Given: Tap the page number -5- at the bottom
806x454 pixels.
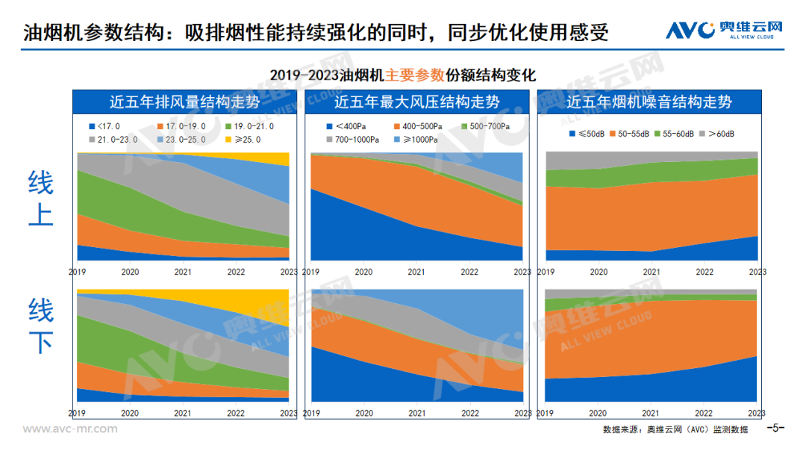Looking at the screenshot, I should click(x=776, y=428).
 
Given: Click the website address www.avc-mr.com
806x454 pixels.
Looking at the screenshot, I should click(x=70, y=429).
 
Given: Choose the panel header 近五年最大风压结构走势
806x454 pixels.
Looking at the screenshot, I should click(x=417, y=102).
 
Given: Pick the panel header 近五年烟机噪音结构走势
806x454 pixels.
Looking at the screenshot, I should click(x=649, y=102).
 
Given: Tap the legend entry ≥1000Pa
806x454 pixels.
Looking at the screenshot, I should click(x=418, y=139).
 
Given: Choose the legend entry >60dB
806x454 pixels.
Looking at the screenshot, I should click(x=717, y=134).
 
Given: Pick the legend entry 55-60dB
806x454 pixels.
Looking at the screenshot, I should click(x=674, y=134).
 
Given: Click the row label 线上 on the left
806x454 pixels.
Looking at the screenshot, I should click(x=40, y=197).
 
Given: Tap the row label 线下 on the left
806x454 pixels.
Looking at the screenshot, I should click(x=40, y=326).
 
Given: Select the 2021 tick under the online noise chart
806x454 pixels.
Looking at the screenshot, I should click(x=651, y=272).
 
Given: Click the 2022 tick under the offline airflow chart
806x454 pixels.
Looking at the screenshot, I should click(x=235, y=412).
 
